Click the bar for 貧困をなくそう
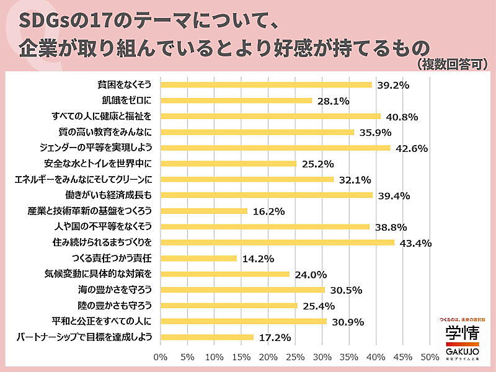coord(266,84)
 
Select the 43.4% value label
coord(415,243)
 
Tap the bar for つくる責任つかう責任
coord(198,259)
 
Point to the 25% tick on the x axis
coord(295,357)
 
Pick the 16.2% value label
coord(268,211)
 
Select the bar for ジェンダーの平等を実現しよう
coord(275,148)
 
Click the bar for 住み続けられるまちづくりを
coord(277,242)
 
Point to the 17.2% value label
coord(275,338)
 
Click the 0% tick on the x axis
coord(160,357)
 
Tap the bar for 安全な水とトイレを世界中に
coord(228,164)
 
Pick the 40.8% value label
coord(401,117)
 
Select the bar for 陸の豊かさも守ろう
coord(229,306)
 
